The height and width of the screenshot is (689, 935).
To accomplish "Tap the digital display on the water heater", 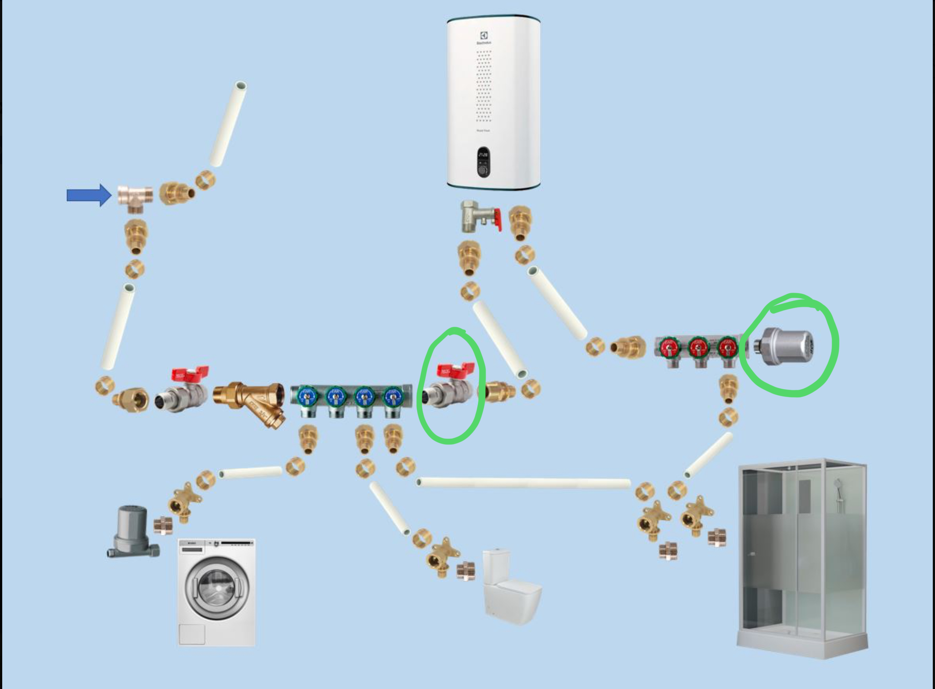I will [x=483, y=156].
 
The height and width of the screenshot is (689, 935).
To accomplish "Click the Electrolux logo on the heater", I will [x=484, y=36].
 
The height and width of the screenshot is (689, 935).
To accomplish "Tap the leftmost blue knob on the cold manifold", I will [x=306, y=395].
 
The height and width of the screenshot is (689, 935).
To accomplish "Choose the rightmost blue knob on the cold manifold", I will [x=393, y=395].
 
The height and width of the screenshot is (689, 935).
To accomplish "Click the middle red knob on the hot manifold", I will [x=697, y=347].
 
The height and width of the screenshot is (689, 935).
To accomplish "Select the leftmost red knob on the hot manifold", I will [x=668, y=347].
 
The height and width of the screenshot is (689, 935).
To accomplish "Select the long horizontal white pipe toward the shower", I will [x=523, y=483].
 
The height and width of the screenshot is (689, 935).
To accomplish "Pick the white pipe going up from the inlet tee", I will [x=228, y=124].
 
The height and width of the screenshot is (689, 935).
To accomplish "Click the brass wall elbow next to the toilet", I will [x=442, y=555].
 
